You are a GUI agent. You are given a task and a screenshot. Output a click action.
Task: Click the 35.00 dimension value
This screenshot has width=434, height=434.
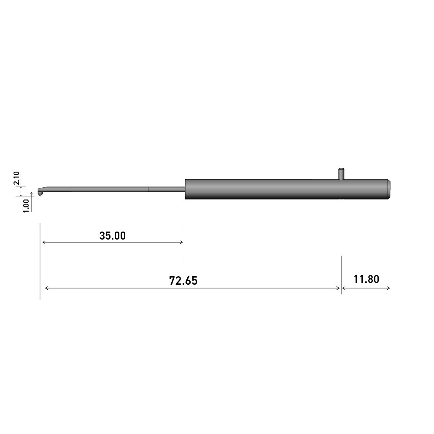[112, 236]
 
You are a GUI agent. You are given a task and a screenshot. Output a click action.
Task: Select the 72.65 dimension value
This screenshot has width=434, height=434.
[183, 281]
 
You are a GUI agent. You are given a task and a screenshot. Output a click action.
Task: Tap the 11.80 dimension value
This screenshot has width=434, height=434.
[366, 279]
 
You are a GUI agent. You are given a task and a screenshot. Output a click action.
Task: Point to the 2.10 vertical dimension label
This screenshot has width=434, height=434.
[16, 178]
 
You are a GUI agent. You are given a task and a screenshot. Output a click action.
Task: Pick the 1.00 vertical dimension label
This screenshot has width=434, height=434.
[26, 206]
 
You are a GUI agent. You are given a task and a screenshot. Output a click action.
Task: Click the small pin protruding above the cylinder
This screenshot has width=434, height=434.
[341, 173]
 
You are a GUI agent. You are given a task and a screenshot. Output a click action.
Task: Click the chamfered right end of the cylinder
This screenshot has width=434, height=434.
[390, 189]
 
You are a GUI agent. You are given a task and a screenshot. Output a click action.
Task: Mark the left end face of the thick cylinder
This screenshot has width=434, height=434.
[186, 189]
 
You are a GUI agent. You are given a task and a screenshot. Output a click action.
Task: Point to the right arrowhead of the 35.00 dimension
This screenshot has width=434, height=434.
[181, 243]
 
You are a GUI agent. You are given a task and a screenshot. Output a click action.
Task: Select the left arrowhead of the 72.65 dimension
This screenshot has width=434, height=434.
[47, 288]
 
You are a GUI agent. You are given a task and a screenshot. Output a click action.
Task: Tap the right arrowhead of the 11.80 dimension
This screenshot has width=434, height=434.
[388, 288]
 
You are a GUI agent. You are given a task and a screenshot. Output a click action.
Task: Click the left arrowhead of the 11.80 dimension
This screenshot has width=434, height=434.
[344, 288]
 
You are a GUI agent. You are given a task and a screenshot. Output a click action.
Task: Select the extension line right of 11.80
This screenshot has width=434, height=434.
[390, 274]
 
